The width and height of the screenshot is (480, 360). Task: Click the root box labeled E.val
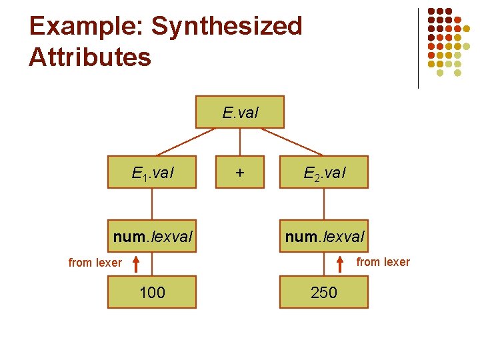tap(239, 112)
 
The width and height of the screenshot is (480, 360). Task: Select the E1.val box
tap(152, 173)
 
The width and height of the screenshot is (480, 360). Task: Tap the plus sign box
tap(239, 173)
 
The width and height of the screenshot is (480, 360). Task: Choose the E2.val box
tap(324, 173)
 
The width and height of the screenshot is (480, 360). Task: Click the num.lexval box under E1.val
tap(152, 236)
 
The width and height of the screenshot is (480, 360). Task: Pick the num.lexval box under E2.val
tap(324, 236)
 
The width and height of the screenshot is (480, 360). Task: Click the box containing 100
tap(152, 292)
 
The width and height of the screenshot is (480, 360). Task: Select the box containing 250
tap(324, 292)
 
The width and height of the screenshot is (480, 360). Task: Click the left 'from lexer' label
tap(95, 263)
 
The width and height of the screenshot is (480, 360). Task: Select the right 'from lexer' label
tap(383, 262)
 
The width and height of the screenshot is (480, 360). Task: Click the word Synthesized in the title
tap(227, 27)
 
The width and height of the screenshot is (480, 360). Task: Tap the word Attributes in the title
tap(90, 57)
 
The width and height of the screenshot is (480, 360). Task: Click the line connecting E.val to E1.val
tap(187, 141)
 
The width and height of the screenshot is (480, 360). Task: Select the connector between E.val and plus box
tap(239, 142)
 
